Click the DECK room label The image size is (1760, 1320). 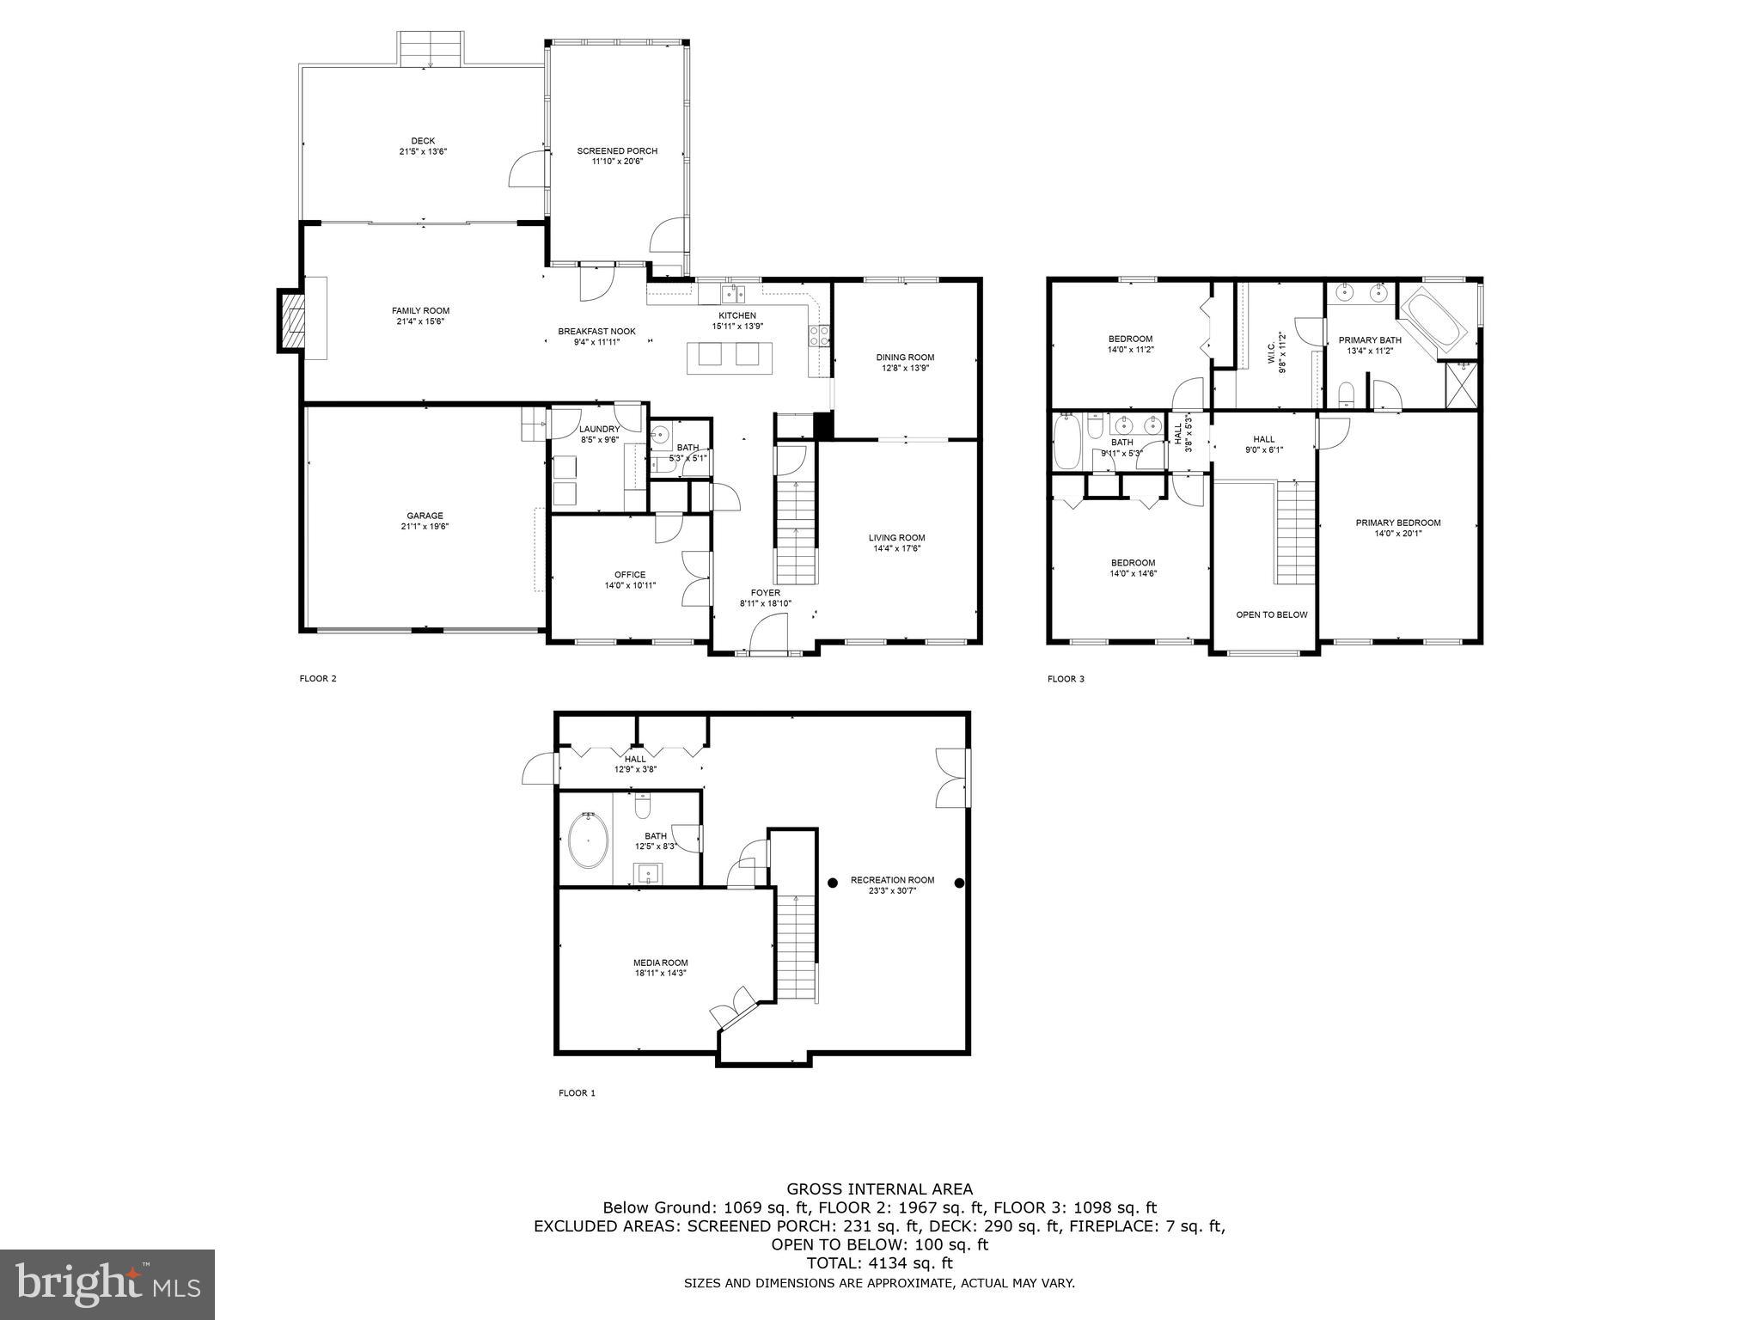pos(423,141)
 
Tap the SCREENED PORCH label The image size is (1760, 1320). pos(617,151)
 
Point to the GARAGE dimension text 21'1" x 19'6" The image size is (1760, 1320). pos(425,527)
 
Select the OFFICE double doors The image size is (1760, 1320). pos(694,577)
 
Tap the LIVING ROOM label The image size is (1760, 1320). pos(896,538)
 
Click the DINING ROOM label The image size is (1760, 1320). pos(905,357)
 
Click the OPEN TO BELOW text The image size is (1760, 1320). pos(1271,614)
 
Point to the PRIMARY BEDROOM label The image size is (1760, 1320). pos(1397,522)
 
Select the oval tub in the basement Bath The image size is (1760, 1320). pos(589,840)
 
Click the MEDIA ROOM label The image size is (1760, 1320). pos(660,962)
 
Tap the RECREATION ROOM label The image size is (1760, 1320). pos(892,880)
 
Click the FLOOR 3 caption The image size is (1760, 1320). pos(1066,679)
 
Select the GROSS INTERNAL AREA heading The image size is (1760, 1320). pos(879,1189)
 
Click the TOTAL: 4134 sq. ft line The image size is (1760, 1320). pos(879,1263)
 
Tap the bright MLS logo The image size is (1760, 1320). pos(107,1284)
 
